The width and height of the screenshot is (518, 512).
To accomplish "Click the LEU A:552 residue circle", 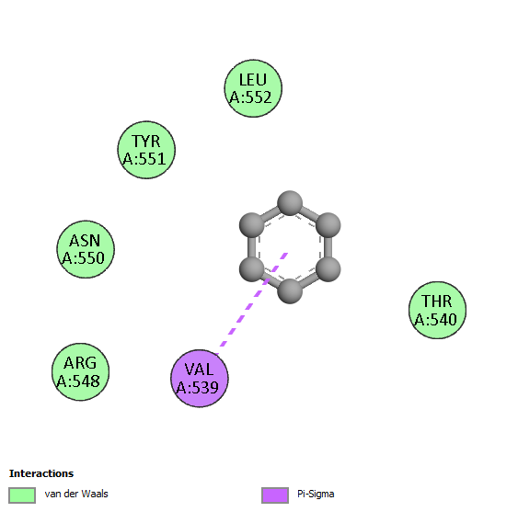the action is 253,88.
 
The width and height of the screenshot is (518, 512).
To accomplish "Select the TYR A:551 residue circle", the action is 146,150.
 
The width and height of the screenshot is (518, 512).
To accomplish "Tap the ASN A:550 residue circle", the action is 86,249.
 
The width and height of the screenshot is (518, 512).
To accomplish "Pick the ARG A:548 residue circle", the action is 80,371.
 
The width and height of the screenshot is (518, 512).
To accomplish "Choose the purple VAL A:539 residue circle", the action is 200,378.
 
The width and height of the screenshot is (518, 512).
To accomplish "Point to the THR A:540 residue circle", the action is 437,310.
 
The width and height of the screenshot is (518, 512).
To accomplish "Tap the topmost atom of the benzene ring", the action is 290,203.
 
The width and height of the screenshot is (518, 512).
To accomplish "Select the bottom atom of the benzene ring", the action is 290,290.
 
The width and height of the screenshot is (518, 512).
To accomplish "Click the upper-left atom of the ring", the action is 252,225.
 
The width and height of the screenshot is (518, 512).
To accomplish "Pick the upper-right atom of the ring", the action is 328,225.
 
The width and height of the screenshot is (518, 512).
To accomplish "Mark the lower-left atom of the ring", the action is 252,269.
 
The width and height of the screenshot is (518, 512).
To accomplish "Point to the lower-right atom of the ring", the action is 328,269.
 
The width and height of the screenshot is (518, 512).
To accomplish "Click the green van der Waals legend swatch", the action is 22,495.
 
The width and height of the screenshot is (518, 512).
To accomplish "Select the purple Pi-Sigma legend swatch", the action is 275,495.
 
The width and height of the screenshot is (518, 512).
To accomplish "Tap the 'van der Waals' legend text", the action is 76,494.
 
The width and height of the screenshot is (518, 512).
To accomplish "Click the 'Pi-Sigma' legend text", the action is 316,495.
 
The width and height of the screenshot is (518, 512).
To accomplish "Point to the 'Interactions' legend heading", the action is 41,473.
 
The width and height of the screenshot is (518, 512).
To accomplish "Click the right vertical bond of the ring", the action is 328,247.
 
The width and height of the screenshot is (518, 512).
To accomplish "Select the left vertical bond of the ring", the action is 252,247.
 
